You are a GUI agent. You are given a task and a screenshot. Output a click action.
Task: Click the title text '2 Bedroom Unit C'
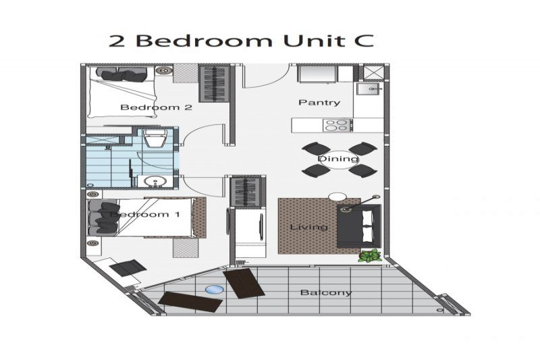pyautogui.click(x=241, y=41)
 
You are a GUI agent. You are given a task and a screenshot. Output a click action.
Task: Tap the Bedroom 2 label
pyautogui.click(x=156, y=107)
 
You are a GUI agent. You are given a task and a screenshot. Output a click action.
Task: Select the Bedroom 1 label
pyautogui.click(x=144, y=215)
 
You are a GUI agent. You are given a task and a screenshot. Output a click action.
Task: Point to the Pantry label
pyautogui.click(x=319, y=102)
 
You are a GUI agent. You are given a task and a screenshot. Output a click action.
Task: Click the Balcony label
pyautogui.click(x=326, y=293)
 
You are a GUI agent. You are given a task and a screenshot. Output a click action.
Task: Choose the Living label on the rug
pyautogui.click(x=309, y=227)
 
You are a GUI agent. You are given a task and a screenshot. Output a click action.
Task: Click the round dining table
pyautogui.click(x=338, y=159)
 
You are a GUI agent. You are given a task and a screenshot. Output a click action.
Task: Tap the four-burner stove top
pyautogui.click(x=337, y=125)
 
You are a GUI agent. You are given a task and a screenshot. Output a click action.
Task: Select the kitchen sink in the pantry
pyautogui.click(x=368, y=89)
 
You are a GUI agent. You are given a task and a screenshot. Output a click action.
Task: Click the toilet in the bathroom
pyautogui.click(x=155, y=138)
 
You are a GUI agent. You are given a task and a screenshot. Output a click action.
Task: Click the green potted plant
pyautogui.click(x=370, y=256)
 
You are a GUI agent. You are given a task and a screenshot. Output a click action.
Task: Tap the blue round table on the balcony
pyautogui.click(x=214, y=289)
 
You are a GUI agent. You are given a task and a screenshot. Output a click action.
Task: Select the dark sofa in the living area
pyautogui.click(x=359, y=226)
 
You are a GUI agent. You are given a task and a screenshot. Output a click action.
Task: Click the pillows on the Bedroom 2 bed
pyautogui.click(x=121, y=74)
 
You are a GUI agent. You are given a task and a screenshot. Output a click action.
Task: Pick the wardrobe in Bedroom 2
pyautogui.click(x=214, y=84)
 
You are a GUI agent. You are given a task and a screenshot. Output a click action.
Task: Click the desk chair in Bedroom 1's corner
pyautogui.click(x=127, y=267)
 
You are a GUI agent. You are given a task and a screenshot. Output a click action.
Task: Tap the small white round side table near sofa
pyautogui.click(x=337, y=197)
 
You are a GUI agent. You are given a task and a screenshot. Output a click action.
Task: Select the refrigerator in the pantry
pyautogui.click(x=317, y=74)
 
